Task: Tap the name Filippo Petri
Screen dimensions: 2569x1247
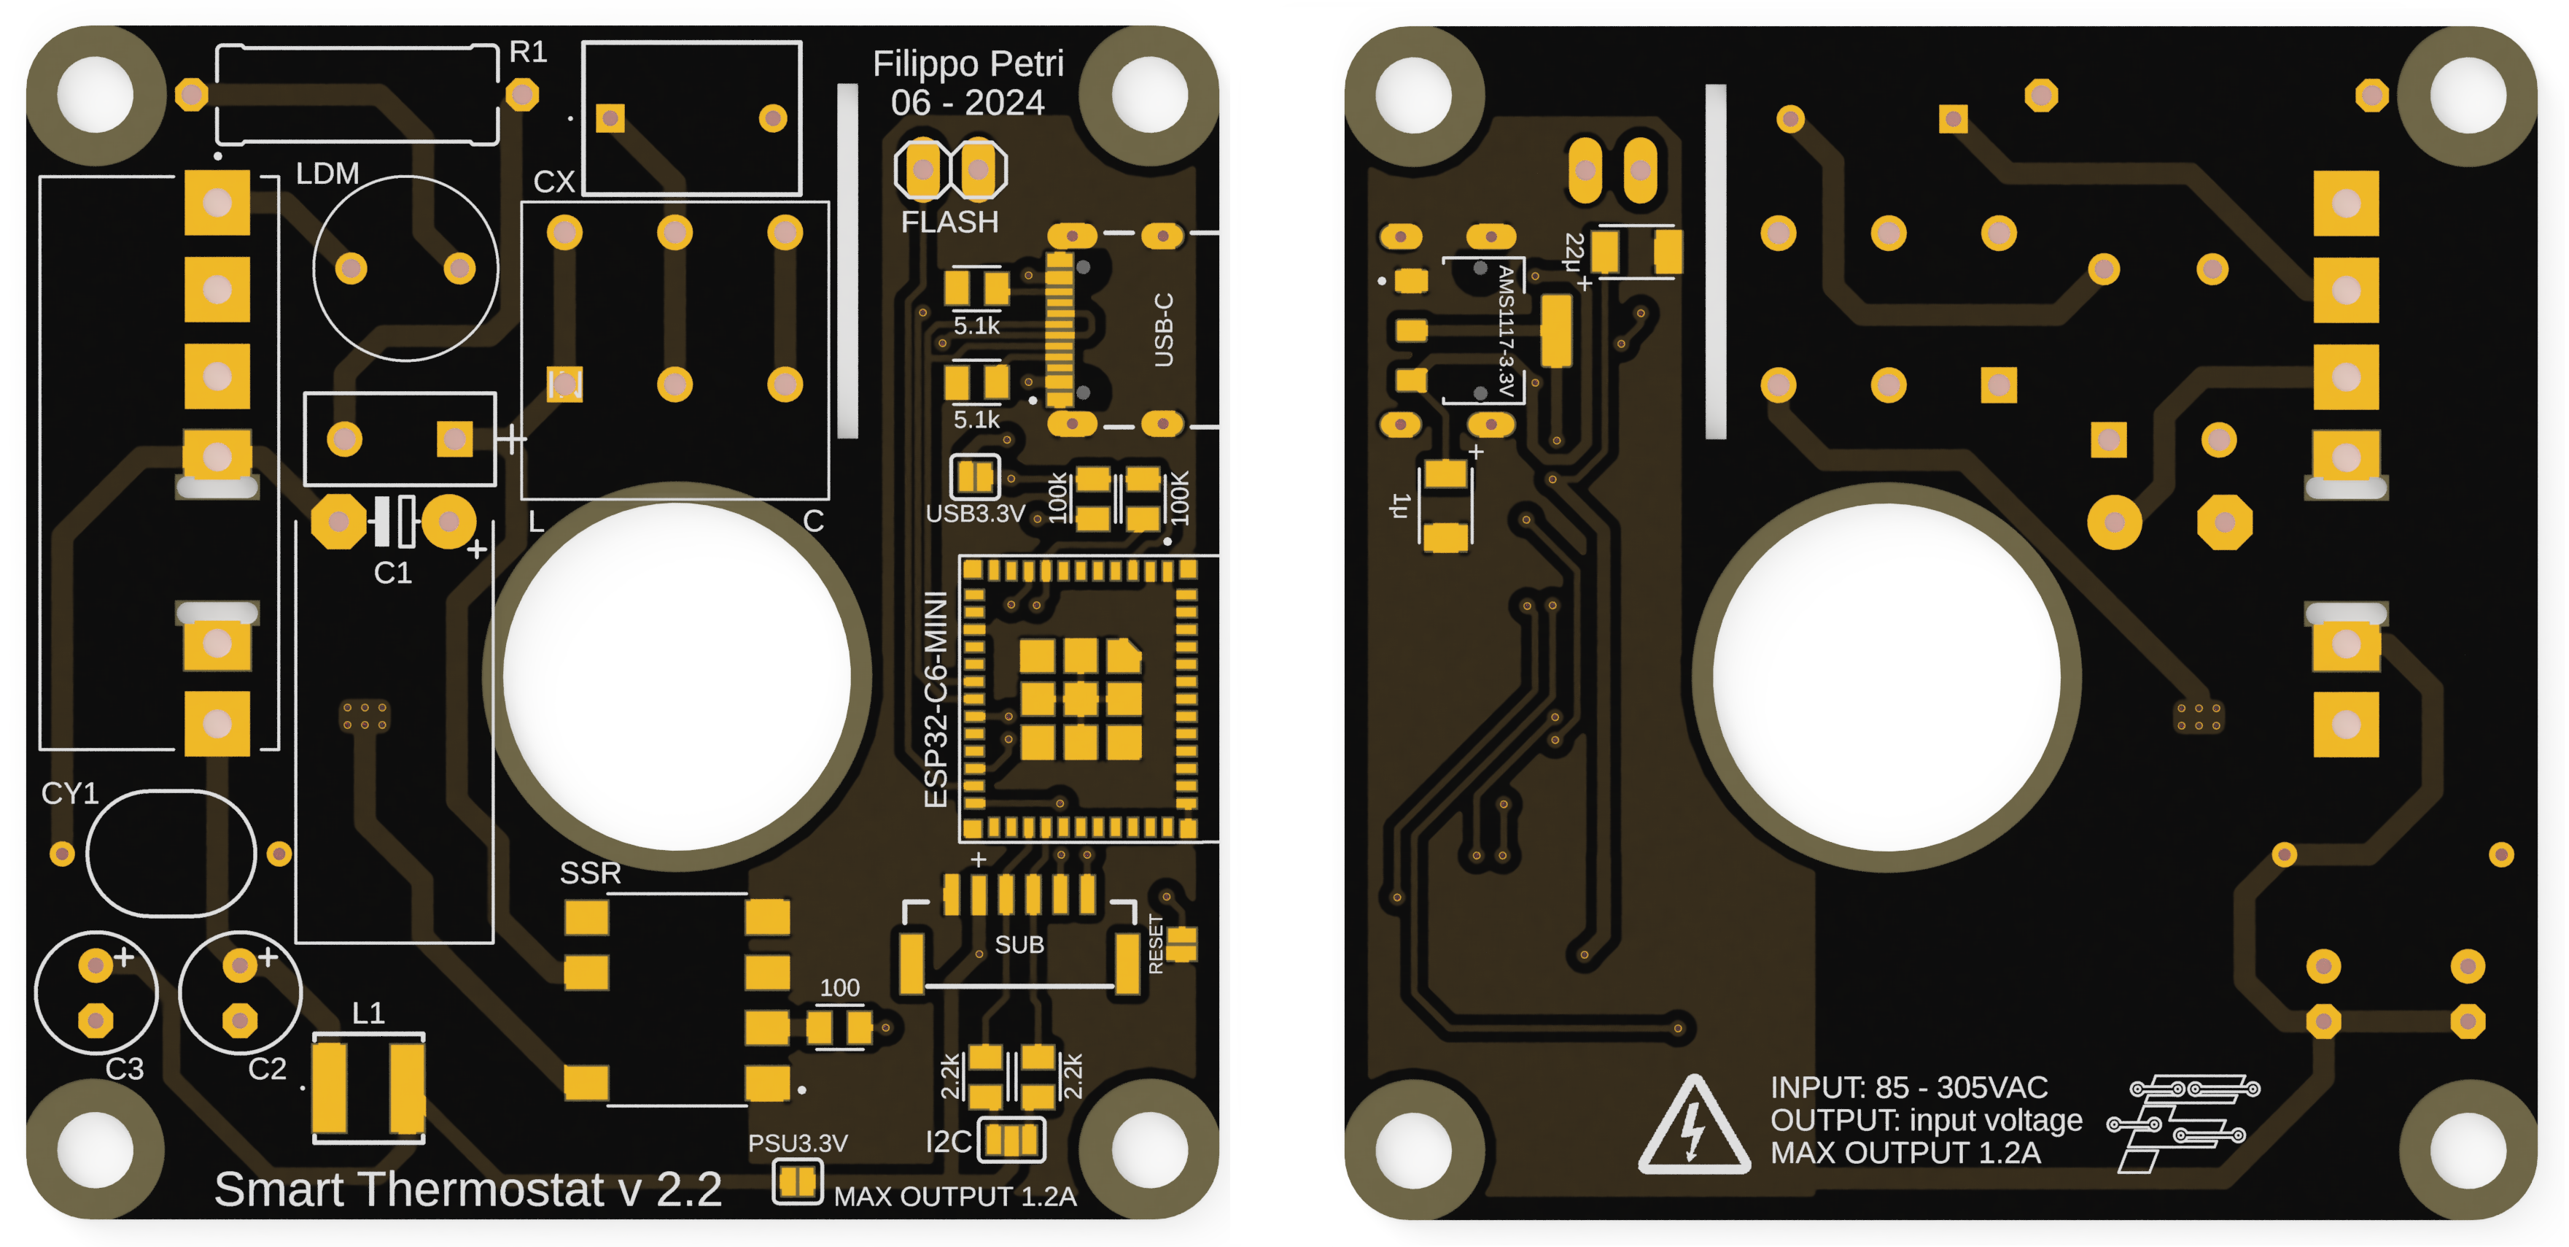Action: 968,64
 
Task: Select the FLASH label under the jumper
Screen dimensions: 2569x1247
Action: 949,222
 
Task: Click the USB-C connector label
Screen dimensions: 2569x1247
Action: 1163,329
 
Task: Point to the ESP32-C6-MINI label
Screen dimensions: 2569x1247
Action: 936,699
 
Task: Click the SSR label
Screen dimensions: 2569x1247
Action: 591,873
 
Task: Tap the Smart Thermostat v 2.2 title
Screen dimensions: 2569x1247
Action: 467,1189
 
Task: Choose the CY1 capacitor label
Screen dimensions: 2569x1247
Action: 70,793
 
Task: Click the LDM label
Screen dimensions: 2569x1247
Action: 327,174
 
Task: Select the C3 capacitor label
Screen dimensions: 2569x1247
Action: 125,1068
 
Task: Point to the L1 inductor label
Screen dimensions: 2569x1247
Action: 368,1014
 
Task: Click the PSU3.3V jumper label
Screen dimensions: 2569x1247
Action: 798,1143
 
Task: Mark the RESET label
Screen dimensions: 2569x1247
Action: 1156,943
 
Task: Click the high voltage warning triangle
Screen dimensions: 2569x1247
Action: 1693,1124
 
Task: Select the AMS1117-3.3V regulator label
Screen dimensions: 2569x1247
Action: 1506,331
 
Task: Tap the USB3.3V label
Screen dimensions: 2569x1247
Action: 976,514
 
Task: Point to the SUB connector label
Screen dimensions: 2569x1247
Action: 1019,945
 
